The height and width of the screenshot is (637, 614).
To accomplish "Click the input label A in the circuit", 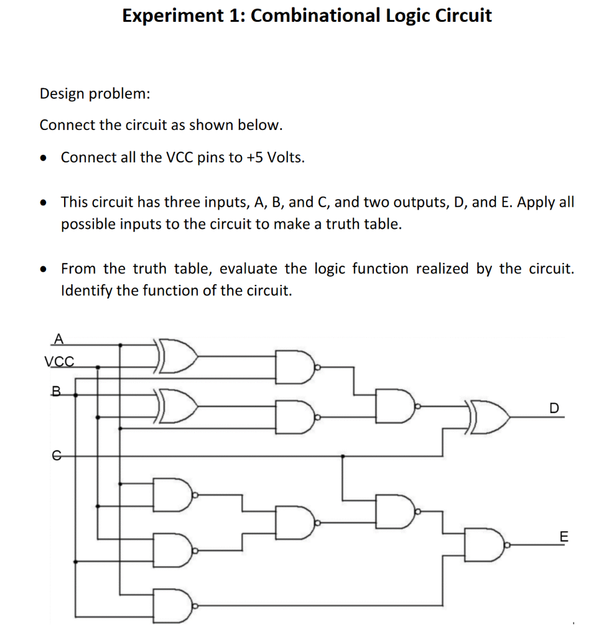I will [58, 339].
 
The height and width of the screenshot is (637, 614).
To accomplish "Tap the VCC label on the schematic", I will [59, 361].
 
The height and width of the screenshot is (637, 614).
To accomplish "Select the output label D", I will [554, 408].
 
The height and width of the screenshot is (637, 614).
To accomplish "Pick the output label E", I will [564, 536].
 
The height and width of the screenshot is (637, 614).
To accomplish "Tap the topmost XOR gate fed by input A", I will [178, 356].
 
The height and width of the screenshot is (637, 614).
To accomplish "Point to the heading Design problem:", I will [95, 94].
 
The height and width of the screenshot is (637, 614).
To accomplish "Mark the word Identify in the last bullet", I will [86, 291].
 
